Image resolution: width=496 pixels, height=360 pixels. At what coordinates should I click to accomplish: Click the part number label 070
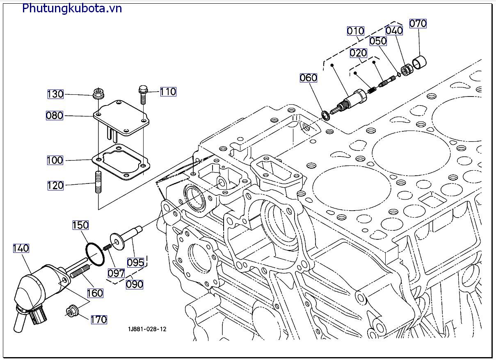(x=418, y=24)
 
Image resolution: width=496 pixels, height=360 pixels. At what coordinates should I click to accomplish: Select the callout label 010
(x=355, y=31)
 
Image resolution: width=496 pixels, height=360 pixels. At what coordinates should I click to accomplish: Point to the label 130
(x=55, y=94)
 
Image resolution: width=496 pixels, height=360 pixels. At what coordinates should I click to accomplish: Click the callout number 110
(x=168, y=92)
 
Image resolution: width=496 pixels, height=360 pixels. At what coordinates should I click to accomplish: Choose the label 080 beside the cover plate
(x=55, y=116)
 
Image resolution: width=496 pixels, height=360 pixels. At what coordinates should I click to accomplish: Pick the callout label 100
(x=55, y=160)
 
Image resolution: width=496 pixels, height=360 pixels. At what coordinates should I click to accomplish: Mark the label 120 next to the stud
(x=55, y=186)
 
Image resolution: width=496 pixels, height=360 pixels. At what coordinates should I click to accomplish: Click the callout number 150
(x=80, y=225)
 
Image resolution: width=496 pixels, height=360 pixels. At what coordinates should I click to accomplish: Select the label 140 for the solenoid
(x=21, y=248)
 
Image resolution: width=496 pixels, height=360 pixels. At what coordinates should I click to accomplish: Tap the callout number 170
(x=98, y=319)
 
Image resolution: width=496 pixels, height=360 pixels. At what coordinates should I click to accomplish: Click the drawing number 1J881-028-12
(x=147, y=329)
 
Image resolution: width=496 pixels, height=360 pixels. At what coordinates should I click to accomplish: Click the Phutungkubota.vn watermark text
(x=72, y=8)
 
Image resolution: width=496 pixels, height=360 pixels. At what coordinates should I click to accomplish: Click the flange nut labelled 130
(x=98, y=94)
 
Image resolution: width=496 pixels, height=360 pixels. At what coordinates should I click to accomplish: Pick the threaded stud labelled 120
(x=99, y=182)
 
